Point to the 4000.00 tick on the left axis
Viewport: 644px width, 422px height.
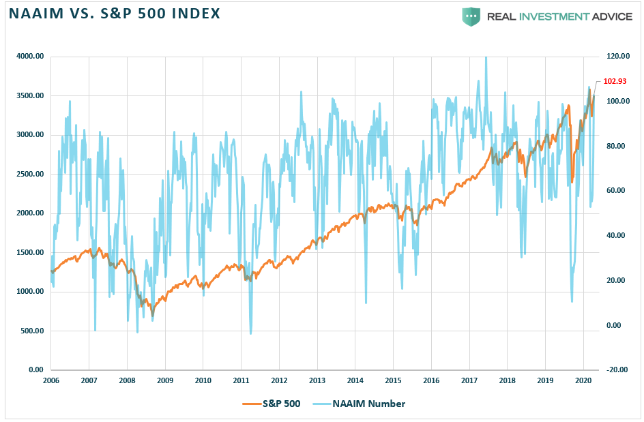(30, 57)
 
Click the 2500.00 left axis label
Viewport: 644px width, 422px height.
(30, 174)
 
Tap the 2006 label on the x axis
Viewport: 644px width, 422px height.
(50, 380)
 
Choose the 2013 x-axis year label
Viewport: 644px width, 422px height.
(317, 380)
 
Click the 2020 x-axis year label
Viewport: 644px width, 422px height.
(582, 380)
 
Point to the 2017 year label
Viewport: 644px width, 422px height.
(468, 380)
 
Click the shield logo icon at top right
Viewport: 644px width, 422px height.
(471, 16)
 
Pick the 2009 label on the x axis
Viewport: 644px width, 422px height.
(164, 380)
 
